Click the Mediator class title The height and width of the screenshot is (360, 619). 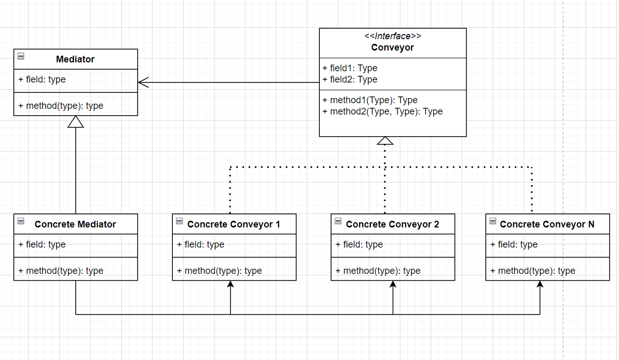point(75,59)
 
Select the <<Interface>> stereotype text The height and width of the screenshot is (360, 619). point(393,36)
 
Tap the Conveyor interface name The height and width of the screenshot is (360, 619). point(393,47)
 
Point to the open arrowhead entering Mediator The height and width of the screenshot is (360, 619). point(143,82)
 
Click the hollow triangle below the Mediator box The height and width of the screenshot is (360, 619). point(76,121)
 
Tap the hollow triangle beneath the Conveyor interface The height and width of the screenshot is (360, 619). point(385,141)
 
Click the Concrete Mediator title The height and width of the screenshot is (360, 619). point(75,224)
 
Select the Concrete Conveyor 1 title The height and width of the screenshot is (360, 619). point(234,224)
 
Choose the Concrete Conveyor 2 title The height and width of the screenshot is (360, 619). point(393,224)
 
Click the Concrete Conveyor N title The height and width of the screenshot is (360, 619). point(547,224)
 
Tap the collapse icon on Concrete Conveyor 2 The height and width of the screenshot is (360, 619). point(338,221)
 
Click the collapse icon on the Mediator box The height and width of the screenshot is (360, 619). point(21,56)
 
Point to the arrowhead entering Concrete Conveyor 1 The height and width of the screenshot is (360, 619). point(231,285)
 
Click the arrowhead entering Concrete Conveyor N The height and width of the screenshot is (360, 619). point(540,285)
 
